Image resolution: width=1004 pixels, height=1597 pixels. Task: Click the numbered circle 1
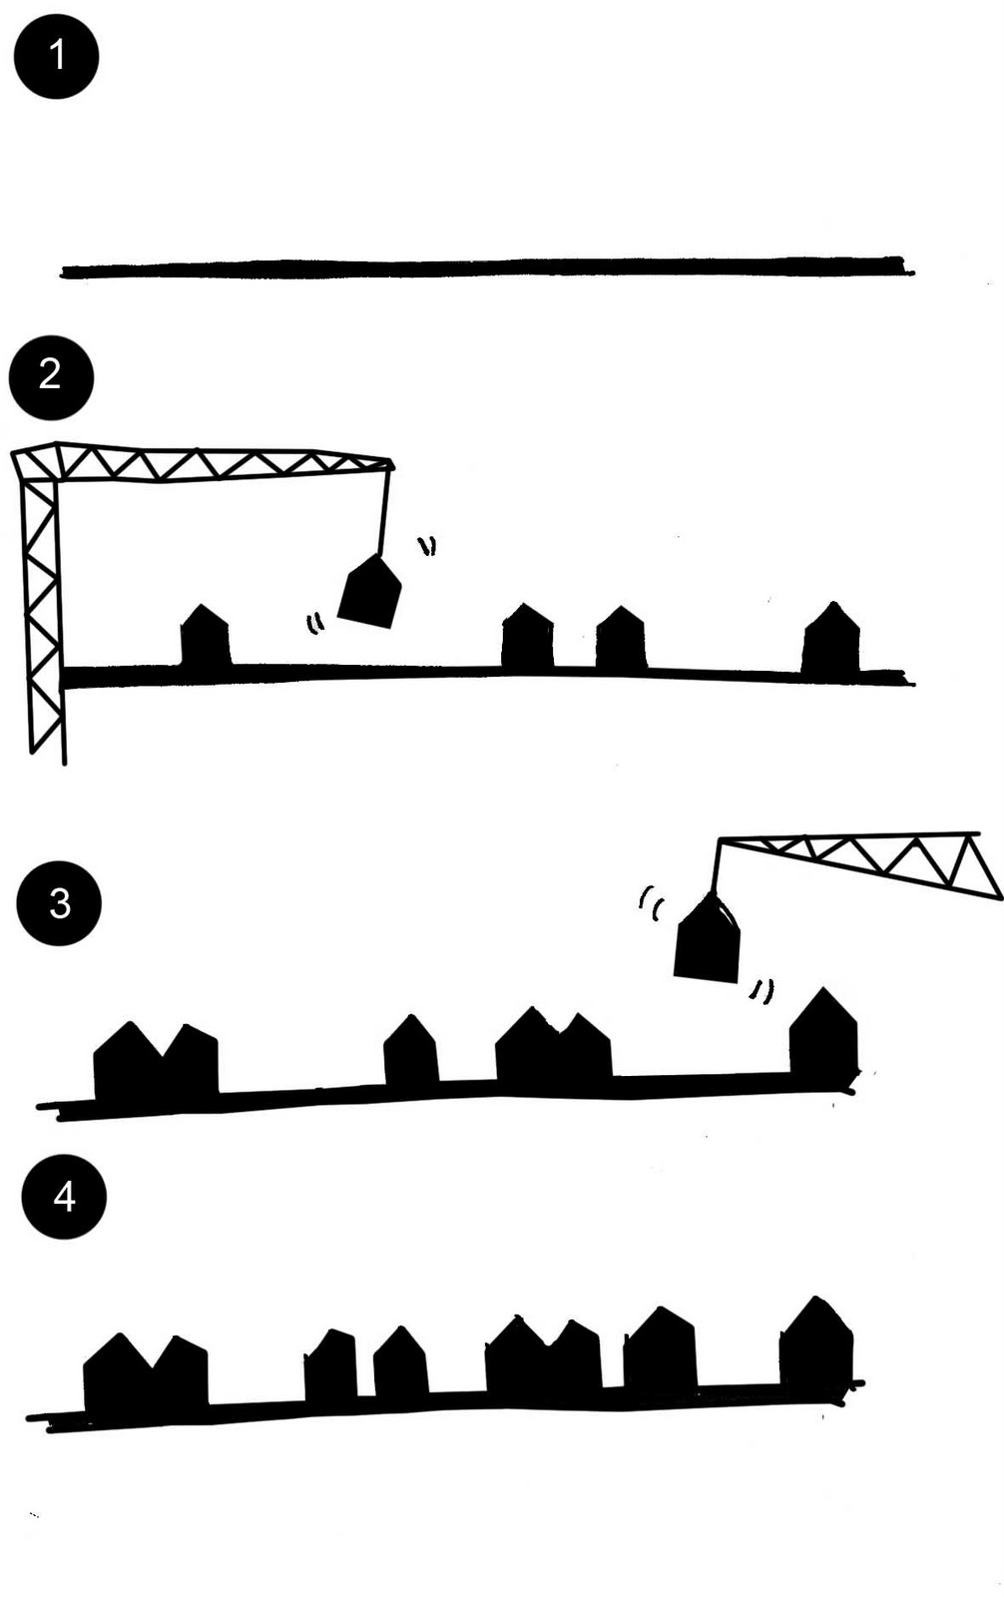tap(56, 56)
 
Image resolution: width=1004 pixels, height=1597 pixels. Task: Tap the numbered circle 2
tap(51, 376)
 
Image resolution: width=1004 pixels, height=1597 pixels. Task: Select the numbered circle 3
tap(59, 903)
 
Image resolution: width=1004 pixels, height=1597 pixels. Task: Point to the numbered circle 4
tap(64, 1196)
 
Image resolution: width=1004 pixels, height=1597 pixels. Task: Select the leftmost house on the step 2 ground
tap(205, 639)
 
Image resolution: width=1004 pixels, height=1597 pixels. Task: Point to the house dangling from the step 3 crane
tap(708, 944)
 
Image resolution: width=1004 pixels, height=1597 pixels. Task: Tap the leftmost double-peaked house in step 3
tap(155, 1062)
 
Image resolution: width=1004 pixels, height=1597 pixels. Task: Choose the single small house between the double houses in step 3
tap(410, 1054)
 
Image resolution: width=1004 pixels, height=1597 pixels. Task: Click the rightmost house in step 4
tap(816, 1343)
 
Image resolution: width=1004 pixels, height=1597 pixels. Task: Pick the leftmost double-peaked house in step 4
tap(146, 1372)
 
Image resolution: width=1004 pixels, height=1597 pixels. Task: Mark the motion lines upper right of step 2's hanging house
tap(427, 545)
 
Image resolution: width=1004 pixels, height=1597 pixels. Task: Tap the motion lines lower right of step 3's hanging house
tap(762, 990)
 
